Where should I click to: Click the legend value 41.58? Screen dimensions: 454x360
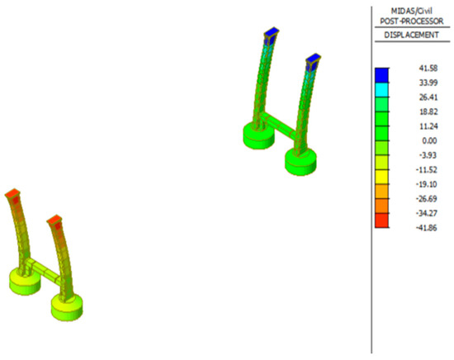click(428, 68)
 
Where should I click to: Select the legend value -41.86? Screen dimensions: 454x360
click(426, 228)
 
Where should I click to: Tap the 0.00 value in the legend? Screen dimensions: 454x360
click(429, 140)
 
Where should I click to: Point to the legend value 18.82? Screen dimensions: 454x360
click(428, 111)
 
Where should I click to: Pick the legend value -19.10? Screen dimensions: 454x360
click(426, 184)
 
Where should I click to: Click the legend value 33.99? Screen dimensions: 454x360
click(428, 83)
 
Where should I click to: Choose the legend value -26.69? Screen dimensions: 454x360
click(426, 199)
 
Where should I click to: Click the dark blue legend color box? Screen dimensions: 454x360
click(381, 75)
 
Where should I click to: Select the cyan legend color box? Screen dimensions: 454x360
click(381, 90)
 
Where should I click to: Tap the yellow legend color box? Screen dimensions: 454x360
click(381, 177)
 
